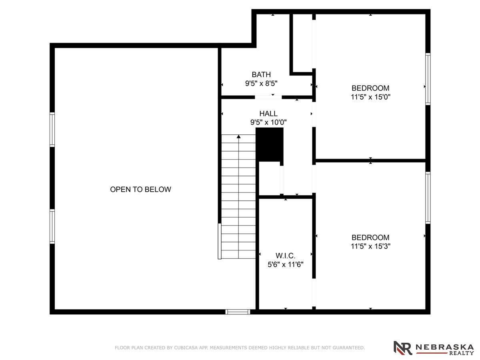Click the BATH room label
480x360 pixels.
coord(261,74)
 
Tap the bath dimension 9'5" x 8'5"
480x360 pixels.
coord(261,83)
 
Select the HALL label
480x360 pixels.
coord(268,114)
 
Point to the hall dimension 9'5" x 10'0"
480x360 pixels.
coord(268,122)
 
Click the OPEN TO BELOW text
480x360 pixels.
coord(140,189)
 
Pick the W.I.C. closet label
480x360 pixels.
coord(285,256)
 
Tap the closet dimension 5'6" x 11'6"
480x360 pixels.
coord(285,264)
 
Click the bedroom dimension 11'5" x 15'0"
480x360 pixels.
coord(370,97)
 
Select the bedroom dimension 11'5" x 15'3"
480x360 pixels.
coord(370,246)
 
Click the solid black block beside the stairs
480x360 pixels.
coord(270,145)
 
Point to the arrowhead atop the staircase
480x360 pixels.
coord(238,137)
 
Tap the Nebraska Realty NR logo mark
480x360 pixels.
coord(402,348)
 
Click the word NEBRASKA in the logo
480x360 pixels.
coord(444,347)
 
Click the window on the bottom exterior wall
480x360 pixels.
coord(238,312)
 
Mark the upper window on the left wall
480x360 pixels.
coord(52,130)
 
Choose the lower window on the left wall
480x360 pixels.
coord(52,226)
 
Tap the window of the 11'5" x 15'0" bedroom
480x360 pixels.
coord(428,79)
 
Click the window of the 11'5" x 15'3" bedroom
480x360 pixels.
coord(428,198)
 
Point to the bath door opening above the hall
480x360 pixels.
coord(268,97)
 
